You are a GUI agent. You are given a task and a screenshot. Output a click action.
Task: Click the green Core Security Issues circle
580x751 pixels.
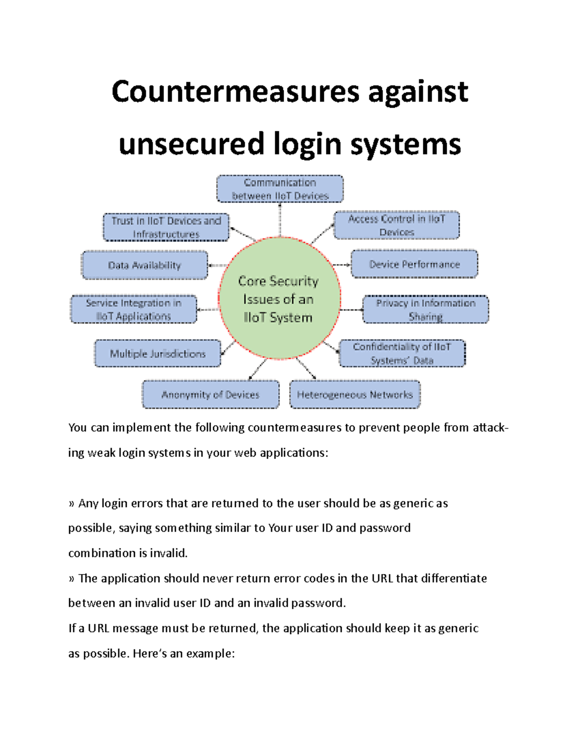tap(279, 298)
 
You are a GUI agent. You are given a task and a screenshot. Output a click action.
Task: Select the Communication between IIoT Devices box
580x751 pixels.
tap(280, 189)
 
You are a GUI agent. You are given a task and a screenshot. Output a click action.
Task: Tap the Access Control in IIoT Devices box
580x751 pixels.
tap(396, 225)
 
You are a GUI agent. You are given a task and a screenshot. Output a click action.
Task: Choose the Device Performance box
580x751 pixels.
tap(414, 264)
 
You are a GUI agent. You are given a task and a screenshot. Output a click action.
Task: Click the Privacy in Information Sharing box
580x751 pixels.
tap(425, 309)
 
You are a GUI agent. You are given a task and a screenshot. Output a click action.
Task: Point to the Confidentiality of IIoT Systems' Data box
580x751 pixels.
tap(402, 353)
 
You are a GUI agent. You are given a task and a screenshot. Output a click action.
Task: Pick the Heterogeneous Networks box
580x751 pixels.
tap(355, 395)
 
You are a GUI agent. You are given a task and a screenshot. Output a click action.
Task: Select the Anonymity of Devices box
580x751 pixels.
tap(210, 395)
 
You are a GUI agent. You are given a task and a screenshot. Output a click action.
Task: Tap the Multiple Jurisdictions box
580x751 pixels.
tap(158, 353)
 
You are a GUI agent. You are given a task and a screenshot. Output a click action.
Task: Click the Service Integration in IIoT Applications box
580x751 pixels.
tap(133, 309)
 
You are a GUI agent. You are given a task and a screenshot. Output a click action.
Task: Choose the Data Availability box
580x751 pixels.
tap(145, 265)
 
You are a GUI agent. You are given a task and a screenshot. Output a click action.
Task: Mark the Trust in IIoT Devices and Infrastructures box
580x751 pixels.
tap(166, 227)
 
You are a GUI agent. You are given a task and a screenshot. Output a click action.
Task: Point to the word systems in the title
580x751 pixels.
tap(406, 144)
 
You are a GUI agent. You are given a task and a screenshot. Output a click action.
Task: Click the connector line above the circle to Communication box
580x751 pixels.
tap(280, 220)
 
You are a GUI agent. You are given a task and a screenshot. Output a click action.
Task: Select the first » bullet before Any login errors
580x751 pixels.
tap(72, 503)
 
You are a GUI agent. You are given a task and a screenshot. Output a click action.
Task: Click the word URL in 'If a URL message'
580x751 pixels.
tap(98, 628)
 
